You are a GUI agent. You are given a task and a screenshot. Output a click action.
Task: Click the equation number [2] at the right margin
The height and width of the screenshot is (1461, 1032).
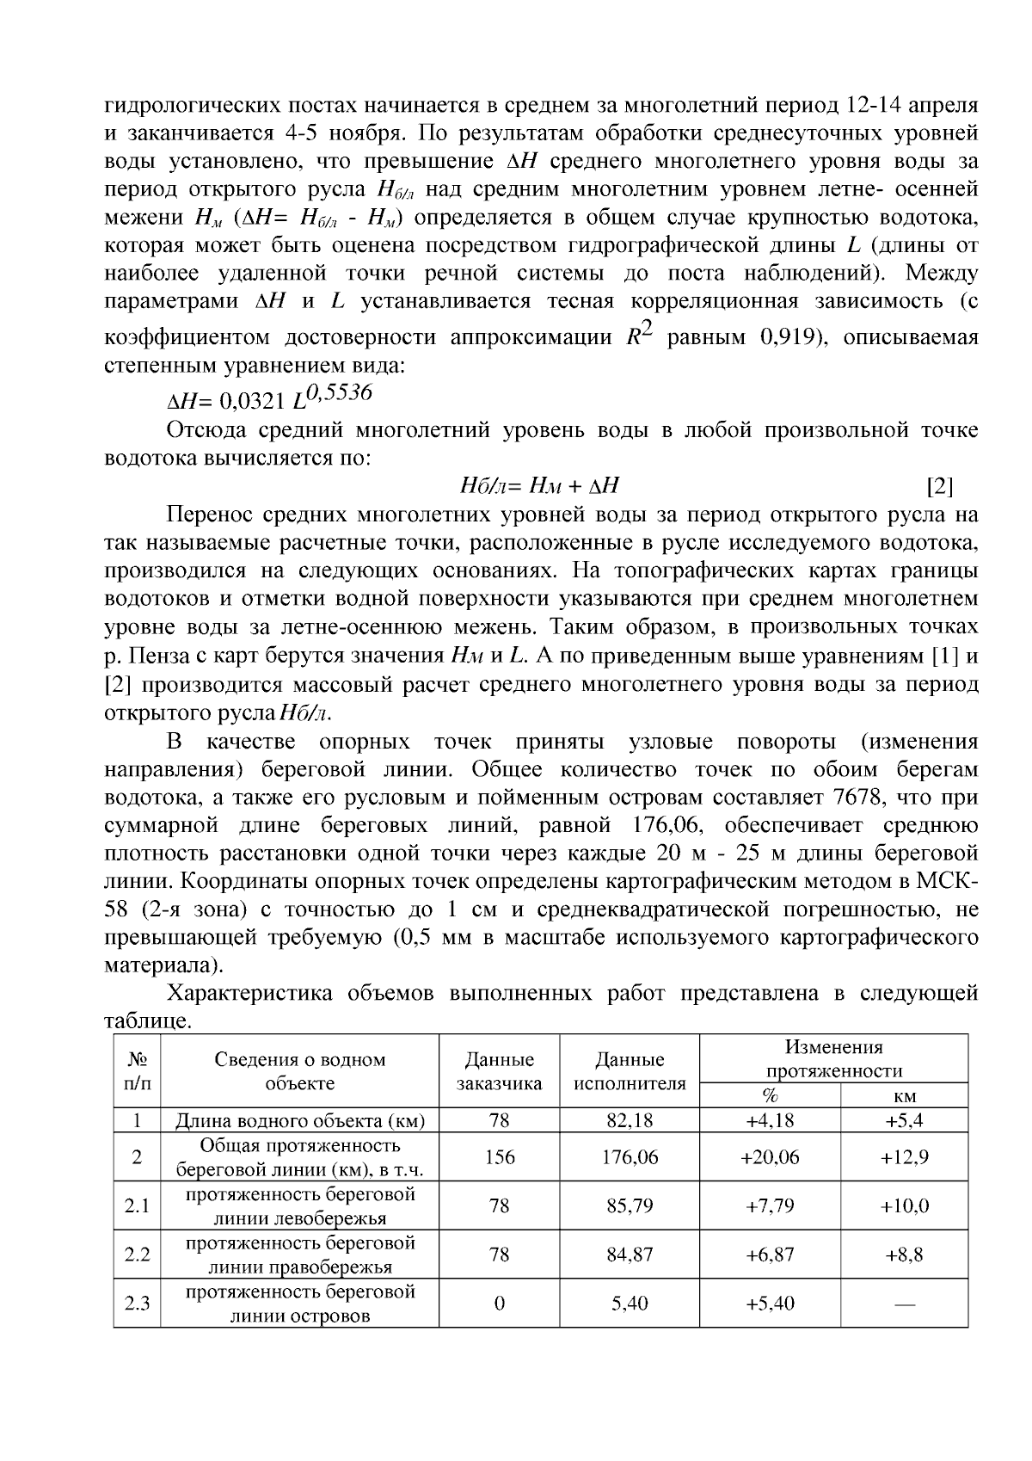click(x=940, y=487)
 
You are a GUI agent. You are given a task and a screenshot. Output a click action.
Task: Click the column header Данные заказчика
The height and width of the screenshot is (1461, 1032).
click(x=499, y=1071)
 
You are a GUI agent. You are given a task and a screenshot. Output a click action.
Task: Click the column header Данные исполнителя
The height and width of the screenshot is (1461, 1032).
click(x=630, y=1071)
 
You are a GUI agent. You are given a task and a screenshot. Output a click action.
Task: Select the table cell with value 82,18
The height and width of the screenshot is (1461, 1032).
click(x=630, y=1120)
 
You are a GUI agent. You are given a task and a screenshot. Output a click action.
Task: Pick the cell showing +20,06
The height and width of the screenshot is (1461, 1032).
click(x=770, y=1157)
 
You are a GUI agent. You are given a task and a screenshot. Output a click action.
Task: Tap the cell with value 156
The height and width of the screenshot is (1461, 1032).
click(x=499, y=1157)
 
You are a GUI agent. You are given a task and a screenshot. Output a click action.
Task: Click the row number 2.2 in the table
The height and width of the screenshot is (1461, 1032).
click(x=137, y=1254)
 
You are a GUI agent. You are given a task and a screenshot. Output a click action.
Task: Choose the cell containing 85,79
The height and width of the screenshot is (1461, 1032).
click(x=630, y=1206)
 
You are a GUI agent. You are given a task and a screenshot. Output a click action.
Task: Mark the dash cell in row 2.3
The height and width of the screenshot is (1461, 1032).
click(x=904, y=1304)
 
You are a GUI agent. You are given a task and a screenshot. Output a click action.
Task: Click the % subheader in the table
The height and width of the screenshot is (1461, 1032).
click(x=770, y=1096)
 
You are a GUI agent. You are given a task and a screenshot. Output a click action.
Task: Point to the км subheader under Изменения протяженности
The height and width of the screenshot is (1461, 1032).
click(x=905, y=1096)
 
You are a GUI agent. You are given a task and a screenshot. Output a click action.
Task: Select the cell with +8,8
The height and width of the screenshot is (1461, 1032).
click(x=904, y=1254)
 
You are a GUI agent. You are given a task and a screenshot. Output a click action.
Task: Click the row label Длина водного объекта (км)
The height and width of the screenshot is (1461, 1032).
click(x=300, y=1120)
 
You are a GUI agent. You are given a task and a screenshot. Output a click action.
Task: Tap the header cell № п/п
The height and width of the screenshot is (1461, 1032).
click(x=137, y=1071)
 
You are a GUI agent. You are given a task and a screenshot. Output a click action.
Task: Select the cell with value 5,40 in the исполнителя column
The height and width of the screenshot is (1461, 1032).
click(x=630, y=1304)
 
